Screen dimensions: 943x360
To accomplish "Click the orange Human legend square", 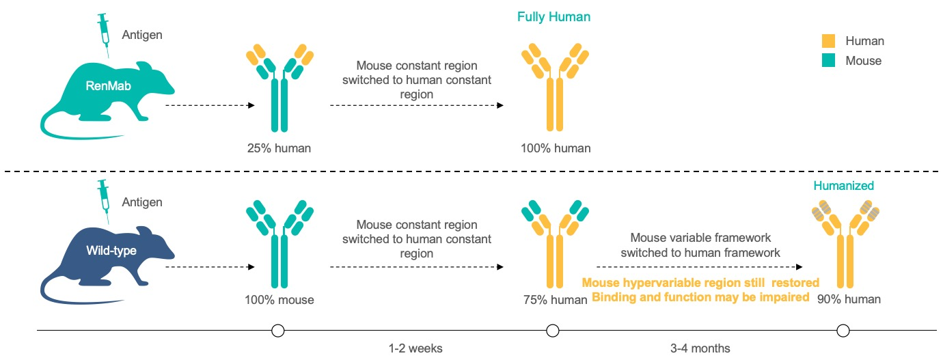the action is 828,41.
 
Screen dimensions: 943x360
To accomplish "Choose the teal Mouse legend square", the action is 828,60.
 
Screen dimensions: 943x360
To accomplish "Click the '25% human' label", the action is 279,148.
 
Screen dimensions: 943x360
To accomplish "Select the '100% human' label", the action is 556,148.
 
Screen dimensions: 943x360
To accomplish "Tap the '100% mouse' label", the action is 279,300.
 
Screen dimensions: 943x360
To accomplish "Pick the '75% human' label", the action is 556,300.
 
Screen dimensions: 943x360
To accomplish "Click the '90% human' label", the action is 849,299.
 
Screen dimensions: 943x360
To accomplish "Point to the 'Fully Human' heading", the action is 553,17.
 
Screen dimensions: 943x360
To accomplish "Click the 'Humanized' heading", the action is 844,186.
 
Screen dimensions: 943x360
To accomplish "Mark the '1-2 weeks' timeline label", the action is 415,348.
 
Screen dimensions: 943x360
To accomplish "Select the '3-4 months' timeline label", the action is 700,348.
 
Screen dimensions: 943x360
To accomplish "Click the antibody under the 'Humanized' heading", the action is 845,244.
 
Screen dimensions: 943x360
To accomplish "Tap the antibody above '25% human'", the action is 279,87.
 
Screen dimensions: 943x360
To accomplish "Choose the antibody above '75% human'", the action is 555,244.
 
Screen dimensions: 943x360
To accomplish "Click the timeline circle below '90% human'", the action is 843,331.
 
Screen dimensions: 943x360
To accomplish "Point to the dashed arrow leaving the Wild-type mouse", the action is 210,267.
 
